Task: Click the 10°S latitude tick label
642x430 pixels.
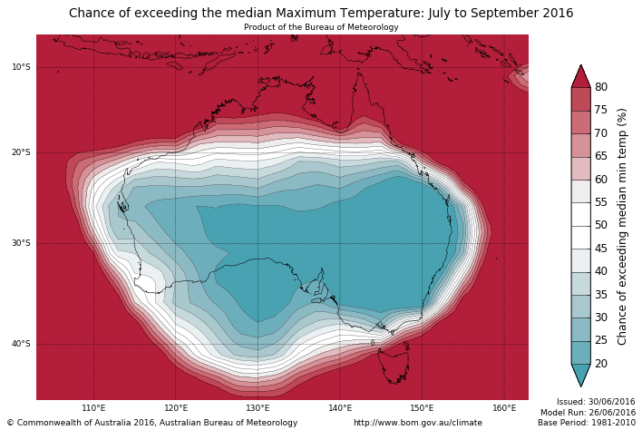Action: [x=21, y=67]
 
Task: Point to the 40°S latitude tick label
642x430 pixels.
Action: [x=21, y=344]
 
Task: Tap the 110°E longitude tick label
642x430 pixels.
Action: [x=93, y=408]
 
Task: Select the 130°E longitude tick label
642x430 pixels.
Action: [x=258, y=408]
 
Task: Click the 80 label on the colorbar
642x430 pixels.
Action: [x=601, y=87]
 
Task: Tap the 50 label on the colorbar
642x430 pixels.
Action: [x=601, y=225]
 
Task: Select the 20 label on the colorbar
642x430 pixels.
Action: [x=601, y=364]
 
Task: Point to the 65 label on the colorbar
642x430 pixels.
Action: [x=601, y=156]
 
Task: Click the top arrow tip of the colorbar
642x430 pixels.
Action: [x=580, y=65]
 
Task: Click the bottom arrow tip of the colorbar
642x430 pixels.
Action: [x=580, y=386]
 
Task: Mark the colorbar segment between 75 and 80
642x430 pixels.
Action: [x=580, y=99]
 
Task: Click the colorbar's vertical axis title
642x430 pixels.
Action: [x=623, y=226]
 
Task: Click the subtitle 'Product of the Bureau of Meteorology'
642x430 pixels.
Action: [x=321, y=27]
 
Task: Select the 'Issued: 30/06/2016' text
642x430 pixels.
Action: [x=596, y=402]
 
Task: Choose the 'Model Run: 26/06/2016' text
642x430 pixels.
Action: [x=588, y=413]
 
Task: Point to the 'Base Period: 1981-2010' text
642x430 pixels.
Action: [x=586, y=423]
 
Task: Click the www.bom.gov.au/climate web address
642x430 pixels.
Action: [x=418, y=423]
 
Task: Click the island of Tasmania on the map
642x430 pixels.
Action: [x=394, y=366]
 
